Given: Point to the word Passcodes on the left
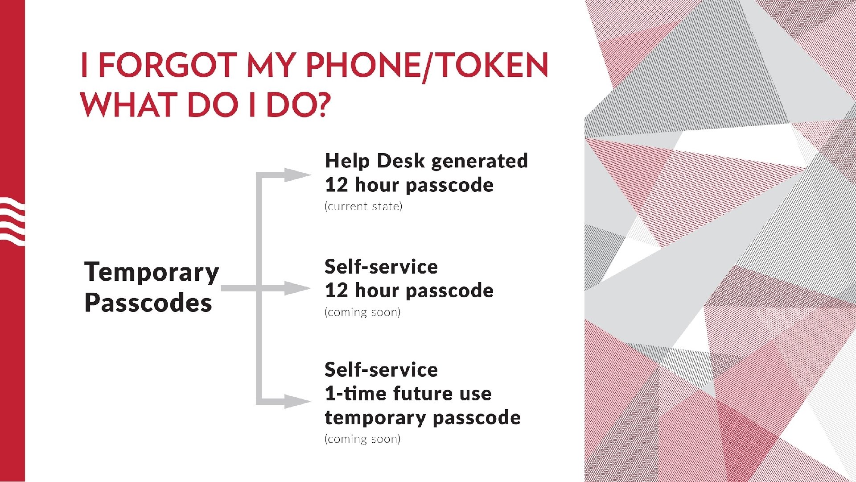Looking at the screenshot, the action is (x=148, y=303).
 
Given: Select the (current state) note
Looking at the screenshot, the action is (x=363, y=207).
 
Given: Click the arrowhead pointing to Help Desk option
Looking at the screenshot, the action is (x=296, y=175).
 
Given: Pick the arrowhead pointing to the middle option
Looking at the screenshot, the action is (x=296, y=288).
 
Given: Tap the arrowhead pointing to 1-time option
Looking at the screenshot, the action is (x=296, y=401).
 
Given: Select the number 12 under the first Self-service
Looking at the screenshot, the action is (x=336, y=291).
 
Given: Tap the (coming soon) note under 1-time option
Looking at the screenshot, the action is (x=362, y=439).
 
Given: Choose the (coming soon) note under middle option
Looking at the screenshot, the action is (x=362, y=312).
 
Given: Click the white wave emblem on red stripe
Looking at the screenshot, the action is (x=12, y=221).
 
